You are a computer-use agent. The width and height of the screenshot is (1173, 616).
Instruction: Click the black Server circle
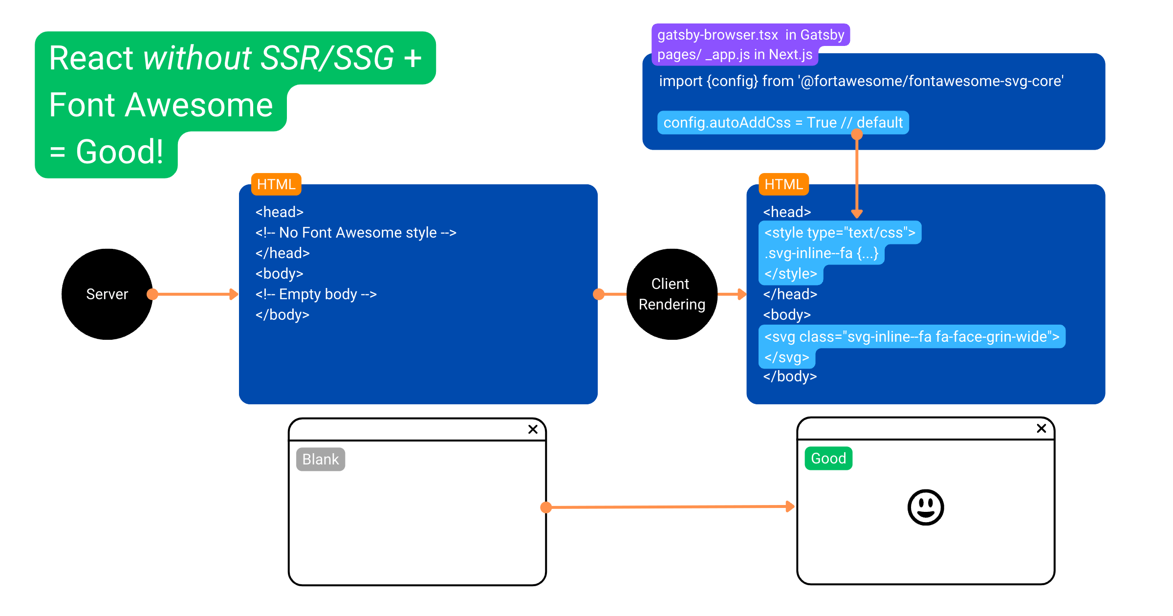(x=107, y=294)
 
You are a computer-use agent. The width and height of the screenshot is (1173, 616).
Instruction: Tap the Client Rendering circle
(x=672, y=294)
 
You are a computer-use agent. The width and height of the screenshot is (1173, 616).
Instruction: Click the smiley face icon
(x=925, y=507)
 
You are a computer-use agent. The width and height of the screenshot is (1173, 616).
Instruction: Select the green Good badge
(x=828, y=459)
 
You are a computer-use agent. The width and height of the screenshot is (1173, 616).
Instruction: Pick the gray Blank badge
(x=321, y=460)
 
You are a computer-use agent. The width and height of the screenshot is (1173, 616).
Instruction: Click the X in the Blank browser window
(x=533, y=429)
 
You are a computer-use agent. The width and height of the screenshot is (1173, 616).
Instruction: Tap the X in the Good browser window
(x=1042, y=428)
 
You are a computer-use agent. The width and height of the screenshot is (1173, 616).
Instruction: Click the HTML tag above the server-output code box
(x=276, y=184)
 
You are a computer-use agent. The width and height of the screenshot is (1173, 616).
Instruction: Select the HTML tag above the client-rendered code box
(x=784, y=184)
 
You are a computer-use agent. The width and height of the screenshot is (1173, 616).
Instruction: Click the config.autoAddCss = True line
(x=783, y=122)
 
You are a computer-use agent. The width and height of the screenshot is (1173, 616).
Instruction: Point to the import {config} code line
(x=861, y=81)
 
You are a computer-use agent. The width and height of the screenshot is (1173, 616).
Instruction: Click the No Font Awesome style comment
(x=356, y=233)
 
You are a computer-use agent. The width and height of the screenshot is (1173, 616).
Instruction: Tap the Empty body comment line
(x=316, y=294)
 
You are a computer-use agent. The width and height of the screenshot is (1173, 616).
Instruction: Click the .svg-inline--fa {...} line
(x=822, y=253)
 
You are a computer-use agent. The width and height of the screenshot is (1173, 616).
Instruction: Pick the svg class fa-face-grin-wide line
(x=912, y=337)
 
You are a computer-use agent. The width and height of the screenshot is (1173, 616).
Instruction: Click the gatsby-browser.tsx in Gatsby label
(x=751, y=35)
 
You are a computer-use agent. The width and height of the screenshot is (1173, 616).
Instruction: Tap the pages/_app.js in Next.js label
(x=735, y=54)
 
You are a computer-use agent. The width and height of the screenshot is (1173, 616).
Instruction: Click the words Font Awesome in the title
(x=161, y=105)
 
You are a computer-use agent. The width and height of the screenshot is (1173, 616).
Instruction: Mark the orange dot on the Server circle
(x=152, y=294)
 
